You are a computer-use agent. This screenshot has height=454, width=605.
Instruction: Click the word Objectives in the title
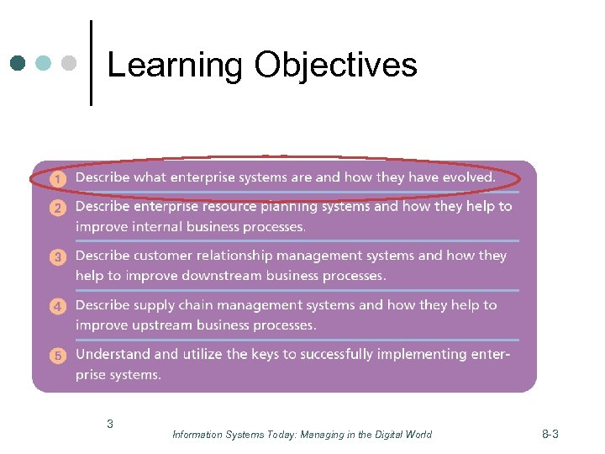point(336,64)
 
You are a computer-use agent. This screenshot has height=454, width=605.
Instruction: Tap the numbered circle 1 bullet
point(57,178)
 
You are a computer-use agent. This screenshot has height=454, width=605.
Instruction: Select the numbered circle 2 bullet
point(57,208)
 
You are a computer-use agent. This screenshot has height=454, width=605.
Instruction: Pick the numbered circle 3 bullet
point(57,257)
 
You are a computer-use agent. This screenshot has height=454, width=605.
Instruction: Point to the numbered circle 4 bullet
point(57,307)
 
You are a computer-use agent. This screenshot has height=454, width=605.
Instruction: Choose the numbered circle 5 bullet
point(57,356)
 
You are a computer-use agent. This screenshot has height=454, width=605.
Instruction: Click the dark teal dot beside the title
point(18,63)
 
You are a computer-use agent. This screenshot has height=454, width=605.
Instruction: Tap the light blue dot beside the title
point(44,63)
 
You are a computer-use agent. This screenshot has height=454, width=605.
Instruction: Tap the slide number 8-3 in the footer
point(550,434)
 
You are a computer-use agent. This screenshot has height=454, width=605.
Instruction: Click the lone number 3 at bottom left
point(110,424)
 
